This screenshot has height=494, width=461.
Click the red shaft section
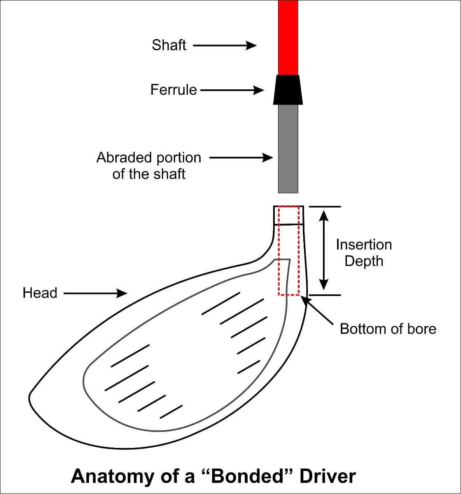(x=288, y=37)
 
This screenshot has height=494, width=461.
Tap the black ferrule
(x=288, y=90)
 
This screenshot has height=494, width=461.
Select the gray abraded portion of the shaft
(x=288, y=148)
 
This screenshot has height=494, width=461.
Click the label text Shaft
(x=169, y=45)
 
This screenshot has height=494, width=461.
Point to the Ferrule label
(x=173, y=90)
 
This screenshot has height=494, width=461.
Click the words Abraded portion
(x=149, y=158)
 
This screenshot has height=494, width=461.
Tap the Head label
(x=40, y=293)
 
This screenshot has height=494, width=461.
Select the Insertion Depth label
(x=364, y=253)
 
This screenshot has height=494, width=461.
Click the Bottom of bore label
(x=388, y=329)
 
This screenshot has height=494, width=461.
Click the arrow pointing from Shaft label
(x=225, y=45)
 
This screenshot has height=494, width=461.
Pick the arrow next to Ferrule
(x=232, y=90)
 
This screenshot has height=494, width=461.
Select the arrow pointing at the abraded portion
(x=241, y=157)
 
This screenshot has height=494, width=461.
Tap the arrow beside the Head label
(x=95, y=293)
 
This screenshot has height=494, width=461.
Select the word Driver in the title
(x=328, y=476)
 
